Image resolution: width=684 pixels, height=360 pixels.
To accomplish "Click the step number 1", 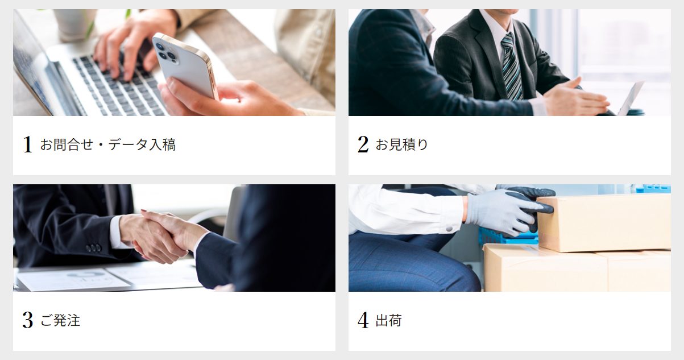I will point(27,144).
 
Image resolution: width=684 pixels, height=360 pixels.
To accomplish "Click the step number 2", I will point(363,144).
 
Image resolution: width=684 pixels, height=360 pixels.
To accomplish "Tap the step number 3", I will point(27,321).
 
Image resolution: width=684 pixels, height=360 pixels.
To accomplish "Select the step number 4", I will point(363,321).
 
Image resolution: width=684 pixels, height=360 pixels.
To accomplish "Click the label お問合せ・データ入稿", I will point(107,144).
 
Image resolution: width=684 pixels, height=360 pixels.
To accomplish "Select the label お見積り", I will point(401,144).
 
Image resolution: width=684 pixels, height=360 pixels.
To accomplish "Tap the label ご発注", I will point(60,321).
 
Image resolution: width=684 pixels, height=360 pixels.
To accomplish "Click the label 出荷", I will point(388,321).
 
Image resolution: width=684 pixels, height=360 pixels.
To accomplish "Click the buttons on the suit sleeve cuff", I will point(94,248).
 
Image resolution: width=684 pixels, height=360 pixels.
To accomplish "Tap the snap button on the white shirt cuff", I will point(449,228).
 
